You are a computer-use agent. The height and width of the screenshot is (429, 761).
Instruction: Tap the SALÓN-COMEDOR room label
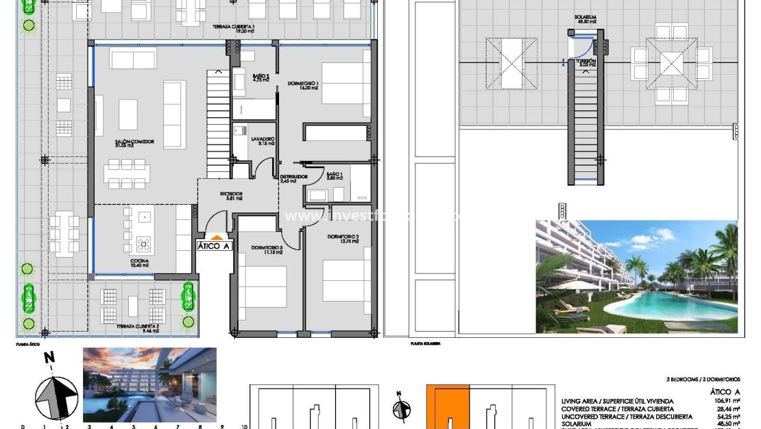(134, 143)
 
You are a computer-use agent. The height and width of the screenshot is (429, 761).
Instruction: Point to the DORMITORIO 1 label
(304, 84)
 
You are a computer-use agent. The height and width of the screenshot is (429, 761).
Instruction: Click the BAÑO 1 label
(334, 175)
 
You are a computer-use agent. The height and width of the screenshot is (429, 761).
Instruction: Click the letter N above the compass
(49, 358)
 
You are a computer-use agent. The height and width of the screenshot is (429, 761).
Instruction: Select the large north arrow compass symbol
(56, 397)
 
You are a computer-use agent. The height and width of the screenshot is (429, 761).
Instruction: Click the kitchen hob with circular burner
(145, 244)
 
